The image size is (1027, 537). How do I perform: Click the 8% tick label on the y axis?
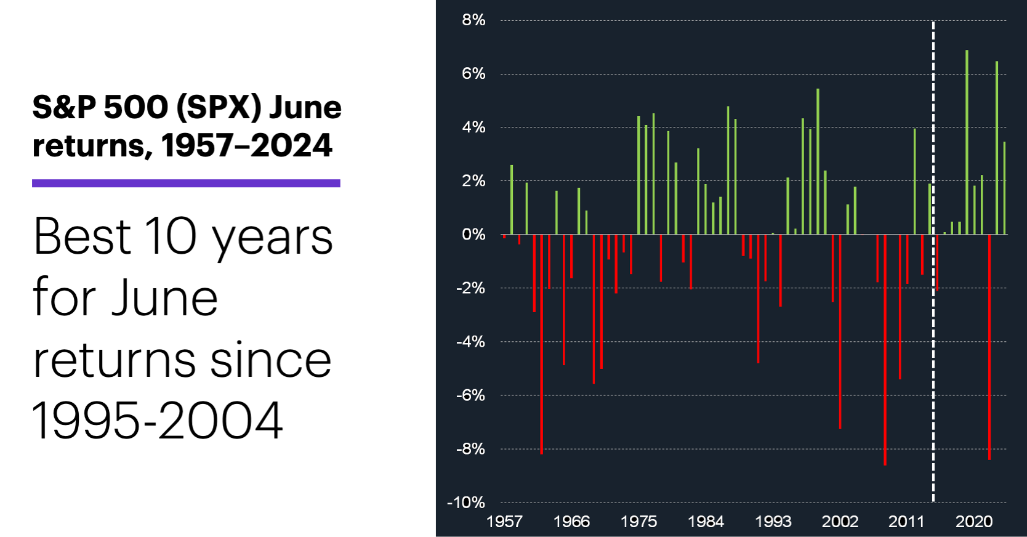[473, 20]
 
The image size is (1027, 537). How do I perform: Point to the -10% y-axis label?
[466, 503]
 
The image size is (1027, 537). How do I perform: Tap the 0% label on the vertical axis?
[473, 235]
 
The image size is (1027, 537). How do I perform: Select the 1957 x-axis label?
[504, 522]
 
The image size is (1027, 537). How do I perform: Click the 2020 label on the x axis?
[973, 522]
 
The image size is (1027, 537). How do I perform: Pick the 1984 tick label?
[706, 522]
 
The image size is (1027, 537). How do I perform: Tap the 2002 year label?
[840, 522]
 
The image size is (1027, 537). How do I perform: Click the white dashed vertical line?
[933, 369]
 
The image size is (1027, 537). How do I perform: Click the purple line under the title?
[186, 183]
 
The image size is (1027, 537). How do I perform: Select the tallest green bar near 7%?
[967, 142]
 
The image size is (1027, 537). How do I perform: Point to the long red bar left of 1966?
[542, 345]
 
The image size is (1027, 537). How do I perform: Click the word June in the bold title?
[305, 108]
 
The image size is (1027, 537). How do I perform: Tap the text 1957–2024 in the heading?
[246, 146]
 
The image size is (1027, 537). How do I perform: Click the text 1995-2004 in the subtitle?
[158, 421]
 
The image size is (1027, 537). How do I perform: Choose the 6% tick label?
[473, 74]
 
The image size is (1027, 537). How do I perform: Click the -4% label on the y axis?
[471, 342]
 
